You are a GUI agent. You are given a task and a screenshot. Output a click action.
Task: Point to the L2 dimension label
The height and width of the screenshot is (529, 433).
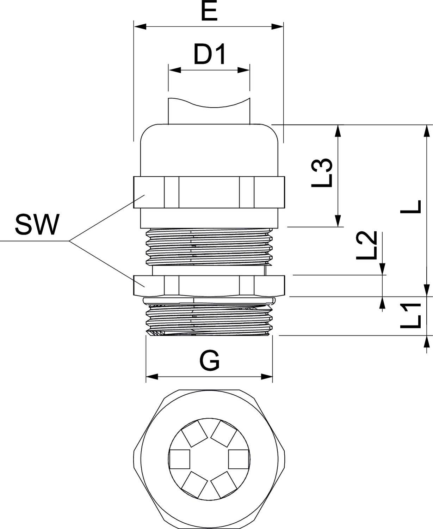367,246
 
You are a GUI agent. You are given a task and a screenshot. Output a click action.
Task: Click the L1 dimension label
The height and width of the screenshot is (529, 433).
411,316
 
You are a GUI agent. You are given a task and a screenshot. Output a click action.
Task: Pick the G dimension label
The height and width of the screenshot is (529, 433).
209,360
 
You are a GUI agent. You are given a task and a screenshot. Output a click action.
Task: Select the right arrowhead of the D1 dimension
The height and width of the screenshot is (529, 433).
244,70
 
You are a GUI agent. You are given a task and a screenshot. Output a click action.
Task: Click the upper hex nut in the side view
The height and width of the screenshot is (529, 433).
209,192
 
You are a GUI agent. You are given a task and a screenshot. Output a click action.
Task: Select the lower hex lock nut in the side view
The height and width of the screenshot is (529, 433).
209,285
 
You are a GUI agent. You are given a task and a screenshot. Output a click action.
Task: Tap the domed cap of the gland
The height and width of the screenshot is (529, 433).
209,150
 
